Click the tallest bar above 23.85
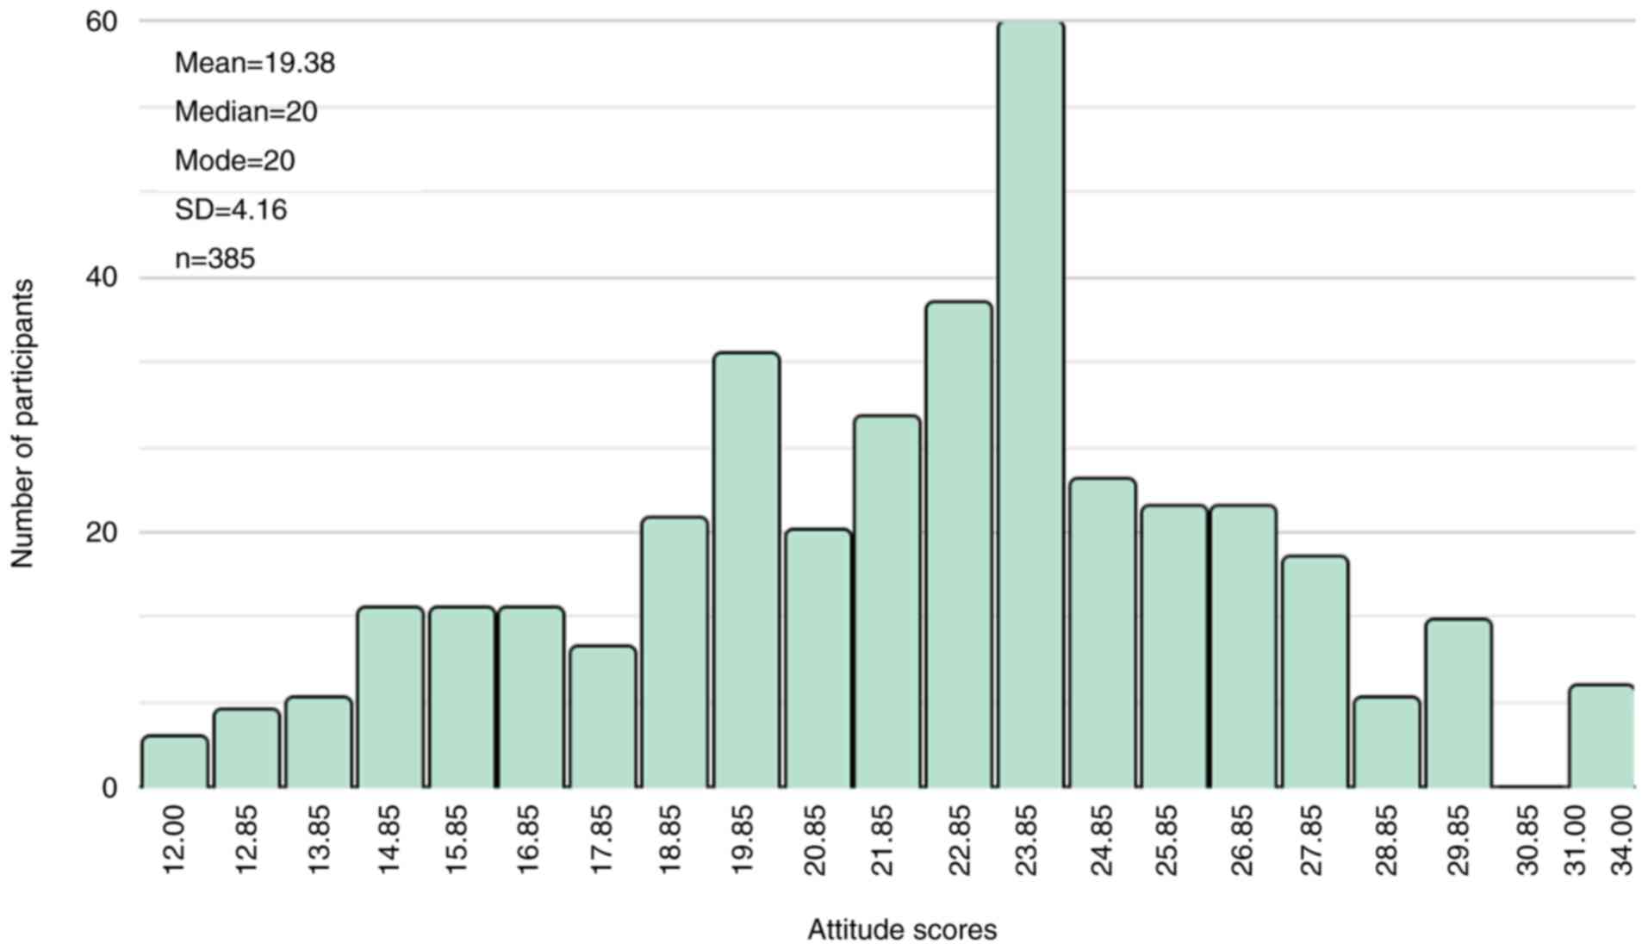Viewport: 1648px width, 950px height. (x=1030, y=405)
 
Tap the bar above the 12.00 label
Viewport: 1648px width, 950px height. (x=175, y=762)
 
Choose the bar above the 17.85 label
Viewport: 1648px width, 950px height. (x=603, y=717)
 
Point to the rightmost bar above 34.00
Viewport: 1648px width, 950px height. (x=1601, y=736)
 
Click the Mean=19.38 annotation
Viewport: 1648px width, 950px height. (x=254, y=63)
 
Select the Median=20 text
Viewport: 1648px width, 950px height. (x=246, y=112)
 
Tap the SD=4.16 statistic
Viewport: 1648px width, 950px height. (x=230, y=210)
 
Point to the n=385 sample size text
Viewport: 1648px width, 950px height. (x=215, y=259)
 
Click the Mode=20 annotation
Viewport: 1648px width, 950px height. (x=234, y=161)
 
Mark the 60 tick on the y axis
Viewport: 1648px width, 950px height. (x=101, y=22)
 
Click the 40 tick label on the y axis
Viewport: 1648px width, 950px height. (x=101, y=277)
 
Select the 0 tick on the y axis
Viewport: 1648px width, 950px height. (x=109, y=788)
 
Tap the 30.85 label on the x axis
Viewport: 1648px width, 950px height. (x=1527, y=840)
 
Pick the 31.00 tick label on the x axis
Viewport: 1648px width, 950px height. (x=1576, y=840)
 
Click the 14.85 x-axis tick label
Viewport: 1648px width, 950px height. (x=389, y=840)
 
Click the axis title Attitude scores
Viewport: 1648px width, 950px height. (x=901, y=930)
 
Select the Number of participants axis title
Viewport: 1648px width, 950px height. (x=22, y=424)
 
